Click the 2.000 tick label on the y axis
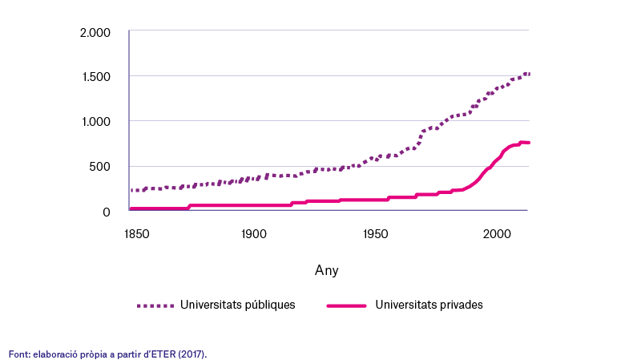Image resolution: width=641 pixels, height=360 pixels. pos(95,33)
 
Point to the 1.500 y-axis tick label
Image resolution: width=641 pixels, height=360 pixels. pos(96,77)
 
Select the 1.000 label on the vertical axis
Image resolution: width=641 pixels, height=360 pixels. pos(96,122)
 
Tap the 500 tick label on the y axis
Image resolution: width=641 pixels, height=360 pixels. pos(99,167)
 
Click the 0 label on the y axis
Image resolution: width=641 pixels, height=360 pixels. pos(107,212)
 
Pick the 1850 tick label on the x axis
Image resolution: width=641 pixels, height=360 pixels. pos(136,234)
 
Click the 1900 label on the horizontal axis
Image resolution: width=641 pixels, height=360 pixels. pos(253,234)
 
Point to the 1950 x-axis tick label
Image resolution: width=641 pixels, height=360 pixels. pos(375,234)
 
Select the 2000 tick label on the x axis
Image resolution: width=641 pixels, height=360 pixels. pos(497,234)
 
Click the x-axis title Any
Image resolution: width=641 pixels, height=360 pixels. pos(326,270)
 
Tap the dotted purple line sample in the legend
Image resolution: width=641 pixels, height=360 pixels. pos(155,305)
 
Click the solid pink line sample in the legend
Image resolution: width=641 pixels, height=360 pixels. pos(346,305)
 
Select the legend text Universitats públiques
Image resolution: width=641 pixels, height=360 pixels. pos(237,305)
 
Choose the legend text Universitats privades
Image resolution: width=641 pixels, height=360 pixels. pos(429,305)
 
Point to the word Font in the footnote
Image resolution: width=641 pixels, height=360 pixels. pos(18,354)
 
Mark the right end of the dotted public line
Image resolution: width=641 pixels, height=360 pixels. pos(529,74)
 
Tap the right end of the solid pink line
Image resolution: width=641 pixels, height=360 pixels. pos(529,143)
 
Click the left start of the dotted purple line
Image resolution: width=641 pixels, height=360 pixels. pos(131,190)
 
